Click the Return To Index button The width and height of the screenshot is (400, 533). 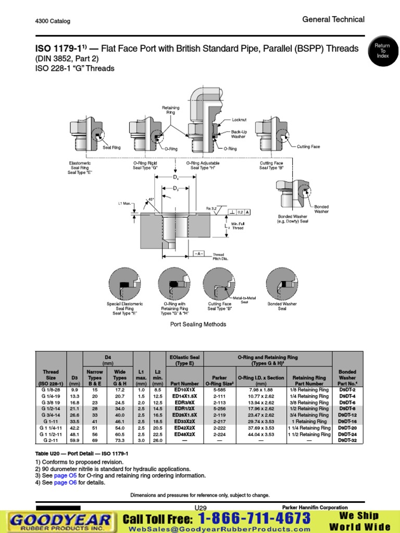coord(382,51)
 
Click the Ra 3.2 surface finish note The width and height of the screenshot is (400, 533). coord(211,208)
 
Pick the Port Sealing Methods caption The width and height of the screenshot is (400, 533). coord(198,324)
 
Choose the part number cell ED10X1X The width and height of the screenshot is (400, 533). coord(184,390)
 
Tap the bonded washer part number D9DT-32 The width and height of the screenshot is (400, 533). coord(347,440)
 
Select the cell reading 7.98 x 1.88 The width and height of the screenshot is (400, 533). coord(261,390)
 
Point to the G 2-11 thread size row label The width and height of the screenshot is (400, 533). coord(51,440)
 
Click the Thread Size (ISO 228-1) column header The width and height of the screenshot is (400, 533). coord(51,378)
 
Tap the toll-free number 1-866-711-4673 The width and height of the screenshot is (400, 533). coord(254,518)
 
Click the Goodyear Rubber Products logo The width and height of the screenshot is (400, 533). coord(60,522)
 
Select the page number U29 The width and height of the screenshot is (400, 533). coord(201,508)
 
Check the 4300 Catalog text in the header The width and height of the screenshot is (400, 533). coord(53,21)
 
